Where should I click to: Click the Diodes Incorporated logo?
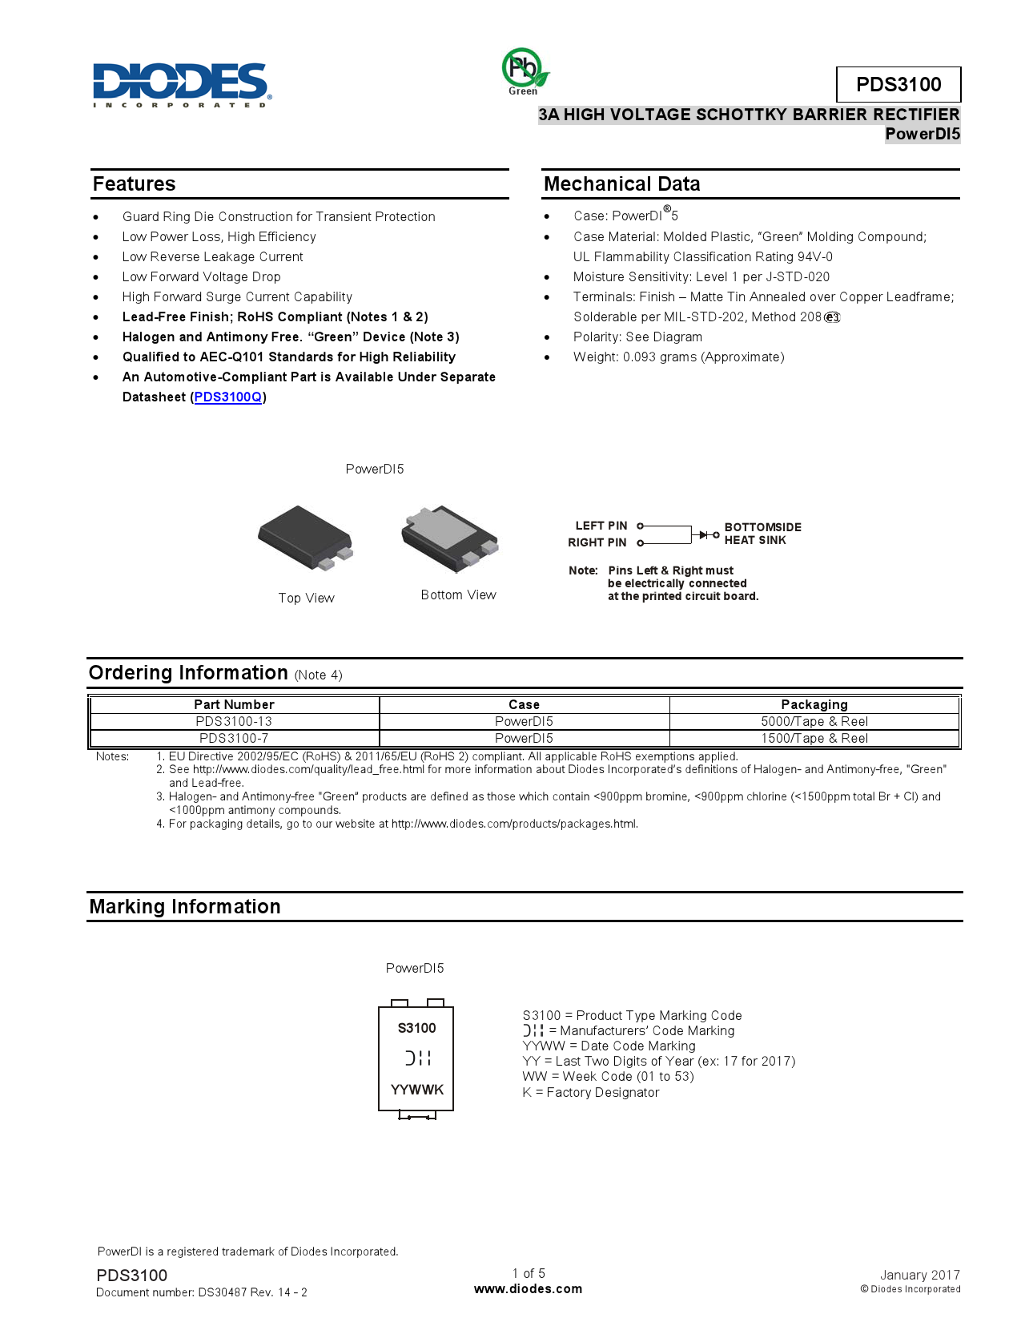click(x=182, y=83)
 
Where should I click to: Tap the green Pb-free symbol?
click(x=524, y=69)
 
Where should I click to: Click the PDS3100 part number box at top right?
click(x=898, y=84)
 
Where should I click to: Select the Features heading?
click(x=134, y=184)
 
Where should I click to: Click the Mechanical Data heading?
click(x=621, y=184)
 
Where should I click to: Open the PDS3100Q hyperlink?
click(x=228, y=397)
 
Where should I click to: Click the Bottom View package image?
click(x=450, y=538)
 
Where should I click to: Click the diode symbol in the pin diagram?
click(x=703, y=534)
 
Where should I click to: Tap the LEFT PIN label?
click(x=601, y=526)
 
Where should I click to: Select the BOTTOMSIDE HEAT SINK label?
click(x=762, y=534)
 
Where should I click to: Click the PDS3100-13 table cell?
click(x=234, y=722)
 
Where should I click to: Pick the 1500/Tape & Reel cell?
click(x=814, y=739)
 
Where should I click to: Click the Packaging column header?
click(x=814, y=705)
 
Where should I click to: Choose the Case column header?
click(x=524, y=705)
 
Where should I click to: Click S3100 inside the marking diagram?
click(x=416, y=1029)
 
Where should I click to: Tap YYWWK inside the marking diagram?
click(x=416, y=1090)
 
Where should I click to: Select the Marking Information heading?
click(x=185, y=907)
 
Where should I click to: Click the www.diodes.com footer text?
click(x=528, y=1289)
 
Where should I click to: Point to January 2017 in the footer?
click(x=919, y=1275)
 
